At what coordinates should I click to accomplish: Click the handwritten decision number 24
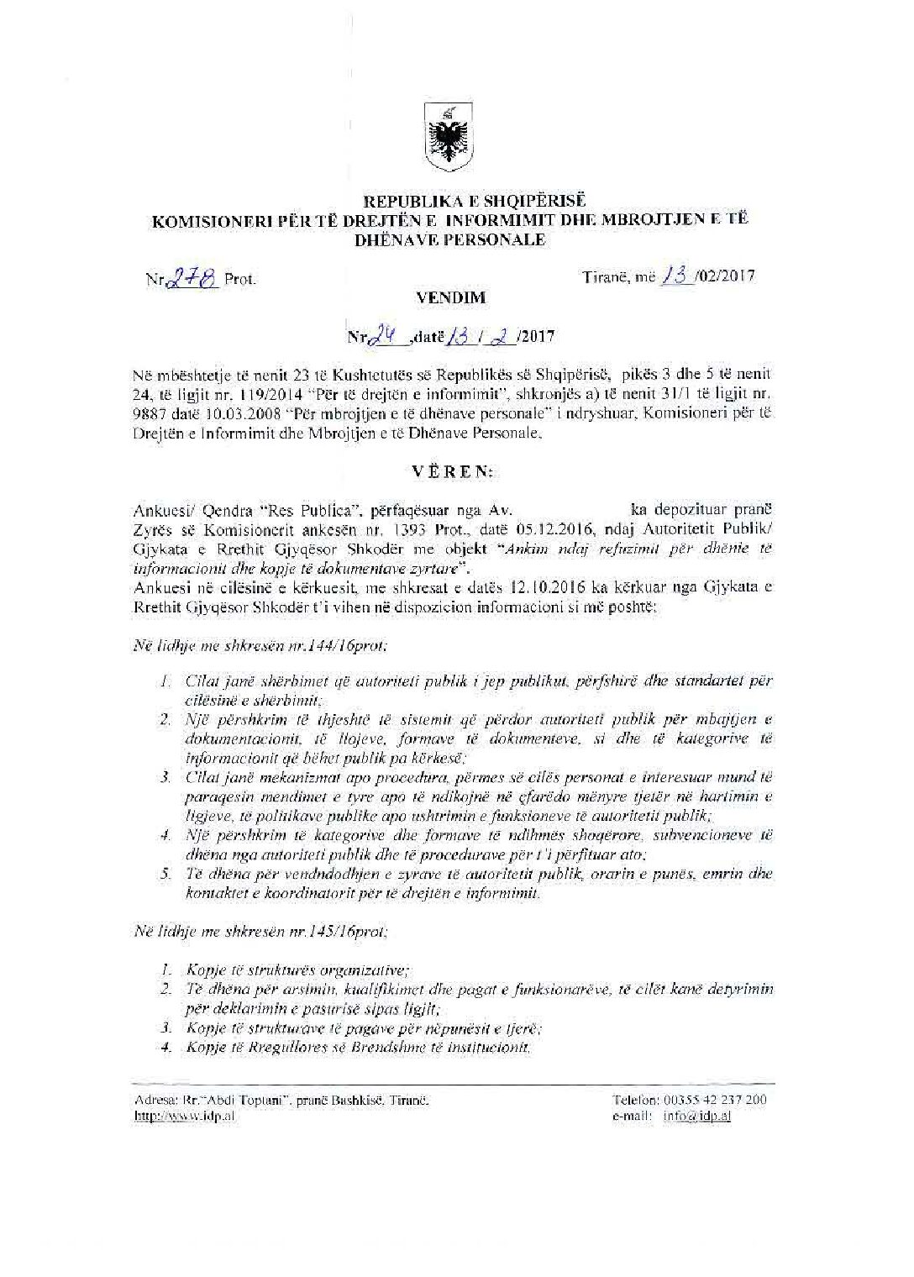click(388, 336)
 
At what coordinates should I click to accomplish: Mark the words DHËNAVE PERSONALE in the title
click(451, 239)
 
